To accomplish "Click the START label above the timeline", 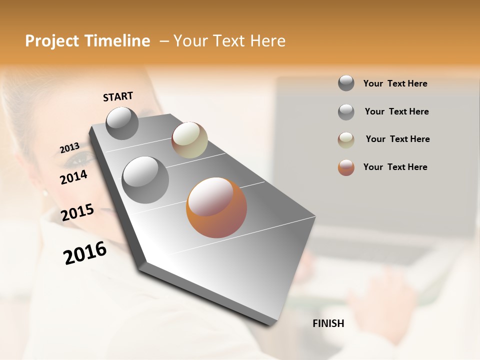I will point(118,96).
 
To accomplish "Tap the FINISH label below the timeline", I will point(328,323).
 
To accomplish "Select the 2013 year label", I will point(69,148).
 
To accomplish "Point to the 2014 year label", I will point(73,177).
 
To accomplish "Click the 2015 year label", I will point(77,212).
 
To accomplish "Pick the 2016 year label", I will point(85,253).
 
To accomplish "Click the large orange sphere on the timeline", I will point(216,207).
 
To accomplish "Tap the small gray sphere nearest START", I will point(122,123).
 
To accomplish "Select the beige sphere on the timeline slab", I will point(189,140).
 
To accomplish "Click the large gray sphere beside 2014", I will point(145,180).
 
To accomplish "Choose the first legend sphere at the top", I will point(346,83).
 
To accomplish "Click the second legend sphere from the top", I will point(346,112).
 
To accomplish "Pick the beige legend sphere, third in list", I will point(346,140).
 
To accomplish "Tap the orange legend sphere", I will point(346,167).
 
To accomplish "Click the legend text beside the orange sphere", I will point(395,167).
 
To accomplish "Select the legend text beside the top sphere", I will point(395,83).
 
